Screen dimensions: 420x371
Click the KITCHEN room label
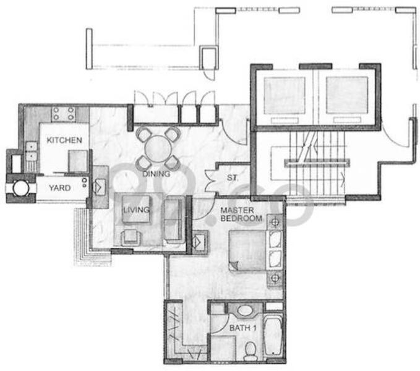click(64, 140)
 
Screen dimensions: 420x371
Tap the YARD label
click(60, 188)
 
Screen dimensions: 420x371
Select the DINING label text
click(156, 174)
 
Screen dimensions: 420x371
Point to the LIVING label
click(136, 210)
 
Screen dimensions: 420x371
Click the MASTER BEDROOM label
click(241, 214)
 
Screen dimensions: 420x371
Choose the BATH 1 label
click(242, 328)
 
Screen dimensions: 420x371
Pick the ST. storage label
click(232, 177)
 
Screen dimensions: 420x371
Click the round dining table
click(158, 149)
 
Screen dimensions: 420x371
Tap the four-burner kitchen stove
click(64, 114)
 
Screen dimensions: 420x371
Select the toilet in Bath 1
click(251, 351)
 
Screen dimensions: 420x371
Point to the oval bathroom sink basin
click(245, 310)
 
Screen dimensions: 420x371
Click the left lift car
click(285, 96)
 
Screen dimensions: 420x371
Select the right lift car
click(347, 95)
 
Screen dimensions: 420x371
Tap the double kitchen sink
click(32, 151)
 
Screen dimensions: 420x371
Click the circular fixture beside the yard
click(21, 187)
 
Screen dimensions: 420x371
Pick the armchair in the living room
click(131, 237)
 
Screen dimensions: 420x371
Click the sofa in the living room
click(174, 220)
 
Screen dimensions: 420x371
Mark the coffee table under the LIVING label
click(136, 209)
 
